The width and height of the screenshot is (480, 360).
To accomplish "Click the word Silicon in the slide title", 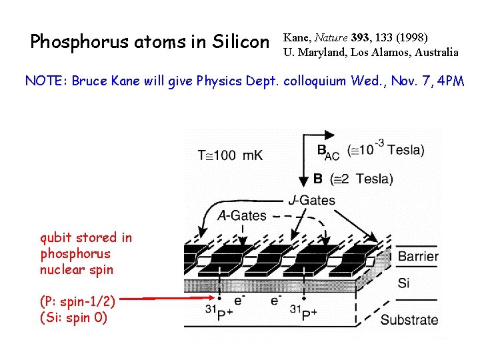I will [x=237, y=42].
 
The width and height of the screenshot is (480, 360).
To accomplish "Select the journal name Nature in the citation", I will [x=330, y=37].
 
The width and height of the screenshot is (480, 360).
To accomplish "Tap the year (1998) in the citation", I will [x=412, y=37].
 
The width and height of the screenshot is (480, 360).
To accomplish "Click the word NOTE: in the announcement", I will [x=47, y=81].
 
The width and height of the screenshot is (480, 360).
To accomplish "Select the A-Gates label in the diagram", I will [x=242, y=215].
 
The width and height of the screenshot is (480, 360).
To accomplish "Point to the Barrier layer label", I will [x=418, y=257].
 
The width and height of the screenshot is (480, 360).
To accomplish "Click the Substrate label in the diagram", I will [x=409, y=319].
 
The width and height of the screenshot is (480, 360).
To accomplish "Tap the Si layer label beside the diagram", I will [x=403, y=283].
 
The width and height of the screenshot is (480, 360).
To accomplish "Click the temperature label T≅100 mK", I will [x=230, y=155].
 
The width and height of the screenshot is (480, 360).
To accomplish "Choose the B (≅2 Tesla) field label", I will [x=353, y=179].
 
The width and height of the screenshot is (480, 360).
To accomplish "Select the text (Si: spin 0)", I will [x=73, y=317].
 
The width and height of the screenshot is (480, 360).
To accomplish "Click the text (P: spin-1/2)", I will [x=77, y=301].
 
